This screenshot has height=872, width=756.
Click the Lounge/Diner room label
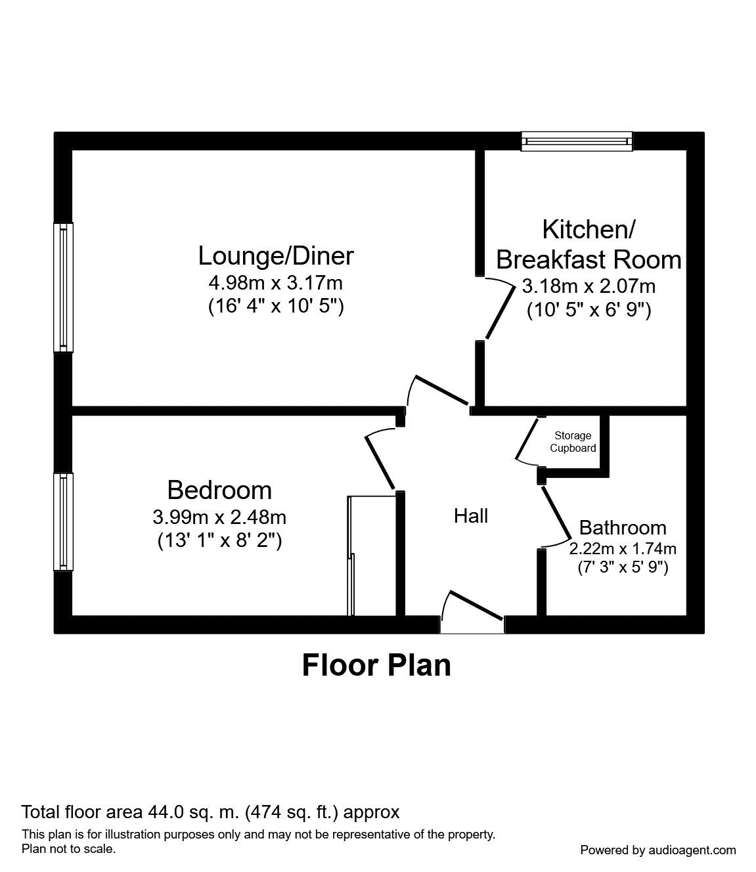point(276,255)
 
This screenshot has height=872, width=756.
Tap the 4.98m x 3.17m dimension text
point(276,284)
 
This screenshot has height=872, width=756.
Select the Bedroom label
point(219,490)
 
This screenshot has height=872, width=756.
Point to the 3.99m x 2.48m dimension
point(219,517)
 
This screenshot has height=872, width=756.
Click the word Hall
point(471,516)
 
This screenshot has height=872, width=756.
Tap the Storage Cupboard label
point(573,442)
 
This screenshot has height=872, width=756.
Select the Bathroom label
point(622,527)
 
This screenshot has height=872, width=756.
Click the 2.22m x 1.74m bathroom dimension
point(622,548)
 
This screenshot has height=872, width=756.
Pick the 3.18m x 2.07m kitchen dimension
point(589,286)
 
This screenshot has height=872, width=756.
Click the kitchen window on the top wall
point(577,141)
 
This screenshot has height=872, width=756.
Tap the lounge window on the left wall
point(64,286)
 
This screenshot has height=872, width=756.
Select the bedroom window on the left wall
point(64,522)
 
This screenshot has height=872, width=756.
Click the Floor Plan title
point(376,665)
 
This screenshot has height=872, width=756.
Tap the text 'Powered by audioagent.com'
point(658,850)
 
